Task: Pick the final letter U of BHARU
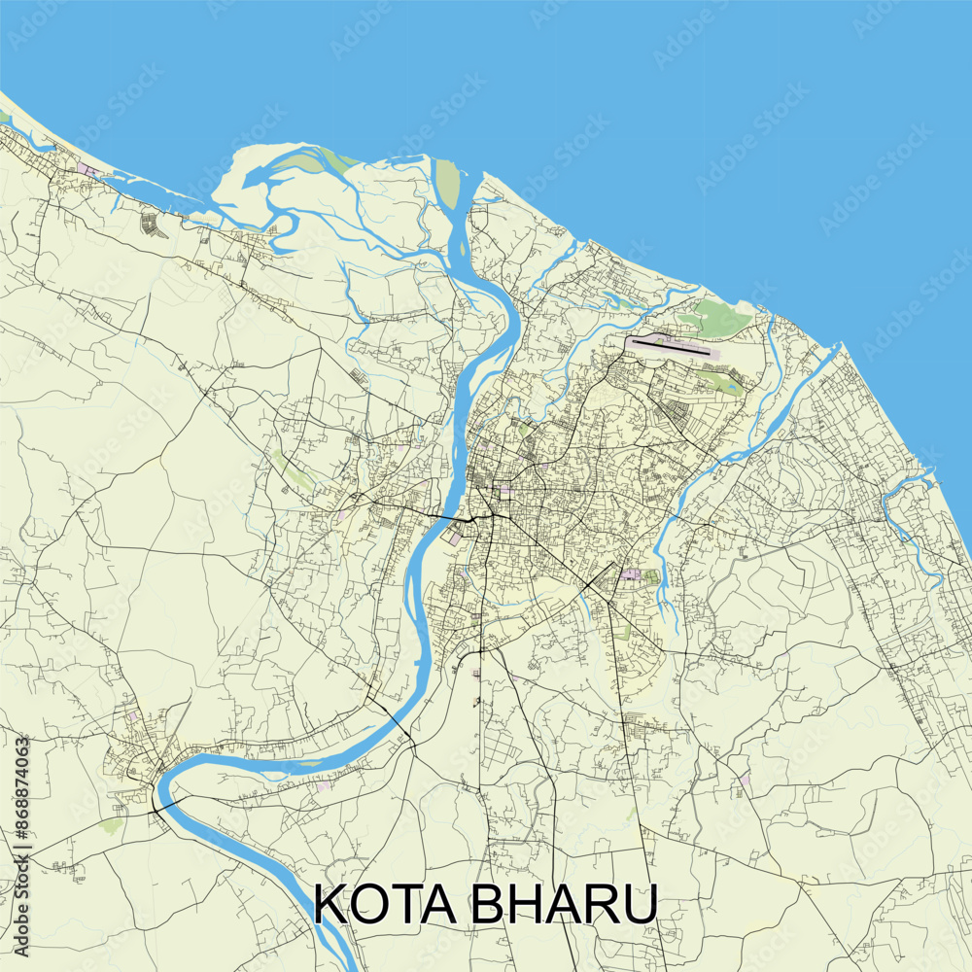(x=638, y=904)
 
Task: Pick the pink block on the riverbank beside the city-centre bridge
(x=456, y=533)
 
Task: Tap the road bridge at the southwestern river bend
(x=158, y=805)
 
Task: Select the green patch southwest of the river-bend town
(x=112, y=825)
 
